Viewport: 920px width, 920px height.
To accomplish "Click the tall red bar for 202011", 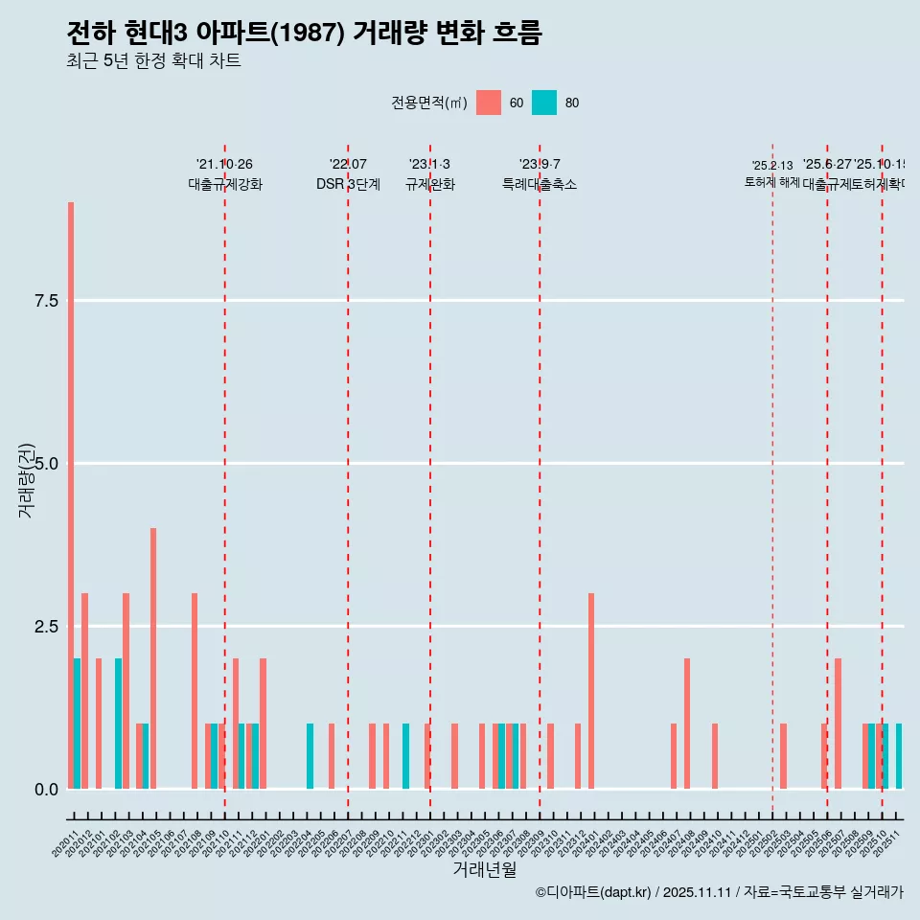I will click(x=71, y=495).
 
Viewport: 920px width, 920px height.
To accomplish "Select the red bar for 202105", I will click(x=153, y=658).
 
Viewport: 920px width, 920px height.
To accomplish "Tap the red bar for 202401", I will click(x=591, y=691).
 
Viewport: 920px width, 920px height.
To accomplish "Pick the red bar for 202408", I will click(x=687, y=724).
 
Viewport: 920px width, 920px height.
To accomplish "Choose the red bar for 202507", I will click(x=838, y=724).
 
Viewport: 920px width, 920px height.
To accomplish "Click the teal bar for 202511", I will click(x=899, y=756).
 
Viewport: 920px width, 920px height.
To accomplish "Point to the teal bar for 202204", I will click(x=310, y=756).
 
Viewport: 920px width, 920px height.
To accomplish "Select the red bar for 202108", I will click(x=195, y=691).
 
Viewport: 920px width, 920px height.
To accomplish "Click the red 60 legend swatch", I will click(x=489, y=103).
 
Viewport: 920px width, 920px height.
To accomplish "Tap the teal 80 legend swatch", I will click(x=544, y=103).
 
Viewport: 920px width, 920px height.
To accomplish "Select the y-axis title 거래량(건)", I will click(x=26, y=481).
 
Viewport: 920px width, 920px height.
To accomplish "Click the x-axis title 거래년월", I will click(x=484, y=869).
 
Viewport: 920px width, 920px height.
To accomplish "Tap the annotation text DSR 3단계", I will click(x=348, y=184).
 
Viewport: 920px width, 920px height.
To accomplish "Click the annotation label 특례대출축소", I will click(x=540, y=184).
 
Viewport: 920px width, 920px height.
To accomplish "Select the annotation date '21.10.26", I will click(x=224, y=165).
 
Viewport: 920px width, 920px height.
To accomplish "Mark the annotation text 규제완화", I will click(x=429, y=184).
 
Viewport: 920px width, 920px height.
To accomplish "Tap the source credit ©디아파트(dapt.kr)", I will click(x=593, y=892).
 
